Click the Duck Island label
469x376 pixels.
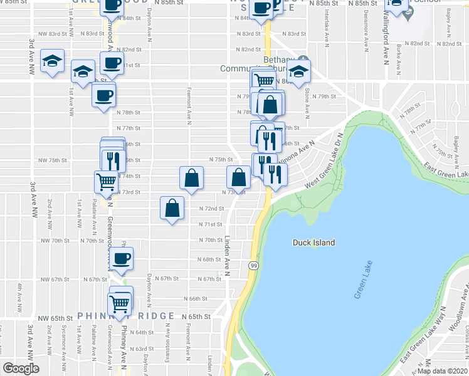(x=314, y=243)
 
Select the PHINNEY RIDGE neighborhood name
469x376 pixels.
(x=126, y=316)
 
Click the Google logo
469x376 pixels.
(x=21, y=368)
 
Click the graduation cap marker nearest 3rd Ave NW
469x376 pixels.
(x=52, y=61)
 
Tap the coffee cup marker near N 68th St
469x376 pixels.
(x=121, y=258)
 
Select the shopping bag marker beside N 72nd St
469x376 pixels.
(x=172, y=208)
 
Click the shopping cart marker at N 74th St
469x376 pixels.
(x=106, y=182)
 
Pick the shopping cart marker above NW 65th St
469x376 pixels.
(x=120, y=304)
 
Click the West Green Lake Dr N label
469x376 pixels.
(x=326, y=168)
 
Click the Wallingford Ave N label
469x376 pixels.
(x=385, y=38)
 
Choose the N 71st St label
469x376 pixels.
(x=211, y=224)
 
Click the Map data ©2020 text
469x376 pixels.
(x=441, y=371)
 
